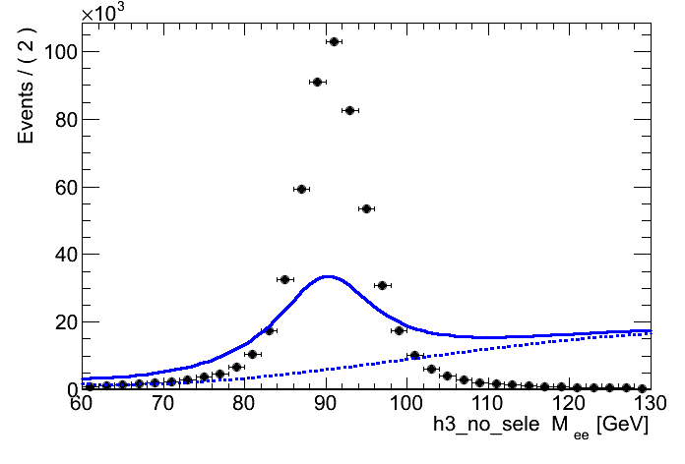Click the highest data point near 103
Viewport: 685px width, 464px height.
point(334,41)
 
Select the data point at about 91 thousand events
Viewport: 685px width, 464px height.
point(317,82)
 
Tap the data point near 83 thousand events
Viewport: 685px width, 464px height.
point(349,110)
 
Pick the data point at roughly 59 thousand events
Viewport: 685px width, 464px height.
point(301,189)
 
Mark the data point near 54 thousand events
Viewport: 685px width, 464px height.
point(366,208)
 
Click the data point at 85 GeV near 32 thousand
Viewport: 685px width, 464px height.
point(284,279)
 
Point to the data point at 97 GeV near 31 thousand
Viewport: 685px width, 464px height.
point(382,285)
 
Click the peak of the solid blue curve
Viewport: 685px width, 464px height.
point(327,276)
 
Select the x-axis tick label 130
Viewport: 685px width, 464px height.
point(647,403)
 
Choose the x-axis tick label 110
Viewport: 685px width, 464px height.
point(486,403)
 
